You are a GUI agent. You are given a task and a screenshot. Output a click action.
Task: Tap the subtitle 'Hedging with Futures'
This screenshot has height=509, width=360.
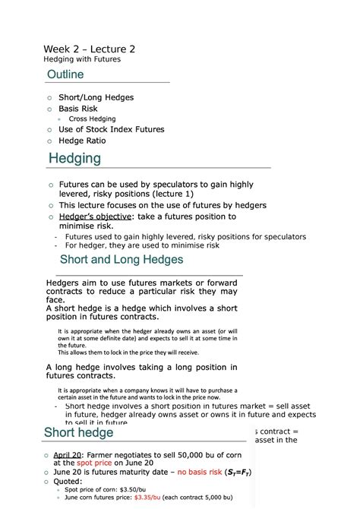pos(83,59)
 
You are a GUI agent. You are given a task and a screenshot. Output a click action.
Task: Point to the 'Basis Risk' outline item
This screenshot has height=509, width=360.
pos(78,109)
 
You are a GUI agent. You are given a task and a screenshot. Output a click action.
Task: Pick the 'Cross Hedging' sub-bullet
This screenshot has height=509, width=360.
pos(92,119)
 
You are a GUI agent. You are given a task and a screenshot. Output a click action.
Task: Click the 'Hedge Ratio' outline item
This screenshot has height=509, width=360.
pos(82,141)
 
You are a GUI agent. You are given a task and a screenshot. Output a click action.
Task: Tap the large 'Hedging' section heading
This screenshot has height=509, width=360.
pos(74,159)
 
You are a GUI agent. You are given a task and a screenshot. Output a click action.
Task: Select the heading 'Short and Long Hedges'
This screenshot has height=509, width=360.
pos(127,260)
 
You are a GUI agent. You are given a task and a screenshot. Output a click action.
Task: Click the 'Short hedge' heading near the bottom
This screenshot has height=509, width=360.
pos(78,433)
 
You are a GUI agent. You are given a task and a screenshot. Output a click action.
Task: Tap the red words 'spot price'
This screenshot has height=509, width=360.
pos(93,463)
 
